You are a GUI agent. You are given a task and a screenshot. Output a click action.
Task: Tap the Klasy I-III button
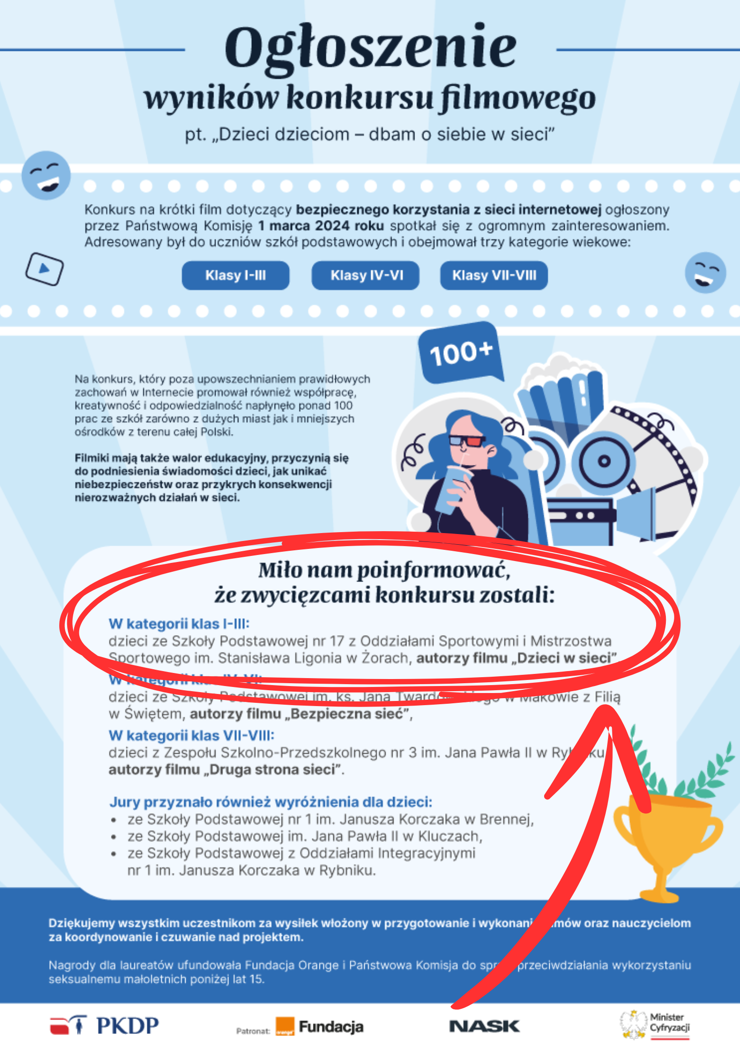(235, 275)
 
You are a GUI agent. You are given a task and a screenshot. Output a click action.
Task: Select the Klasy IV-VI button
(366, 275)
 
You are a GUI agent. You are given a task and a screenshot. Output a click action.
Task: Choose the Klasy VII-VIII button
(494, 275)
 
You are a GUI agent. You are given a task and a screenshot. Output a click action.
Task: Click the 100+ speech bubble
(461, 354)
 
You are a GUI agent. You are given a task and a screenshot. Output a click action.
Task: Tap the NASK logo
(484, 1026)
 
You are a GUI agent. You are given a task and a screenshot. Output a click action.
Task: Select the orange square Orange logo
(285, 1026)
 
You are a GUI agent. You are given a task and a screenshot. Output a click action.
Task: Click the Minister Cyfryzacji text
(670, 1022)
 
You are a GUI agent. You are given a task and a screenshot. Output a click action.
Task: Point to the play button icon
(44, 269)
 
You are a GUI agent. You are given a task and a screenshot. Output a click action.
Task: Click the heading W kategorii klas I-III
(179, 624)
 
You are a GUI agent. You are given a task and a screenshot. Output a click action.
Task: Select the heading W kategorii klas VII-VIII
(191, 735)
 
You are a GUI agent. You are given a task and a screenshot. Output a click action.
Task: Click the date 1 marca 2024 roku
(321, 226)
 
